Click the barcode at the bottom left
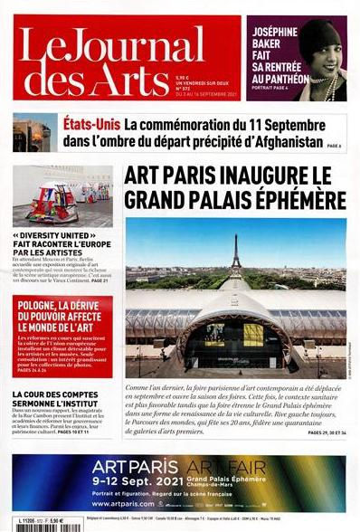click(25, 522)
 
